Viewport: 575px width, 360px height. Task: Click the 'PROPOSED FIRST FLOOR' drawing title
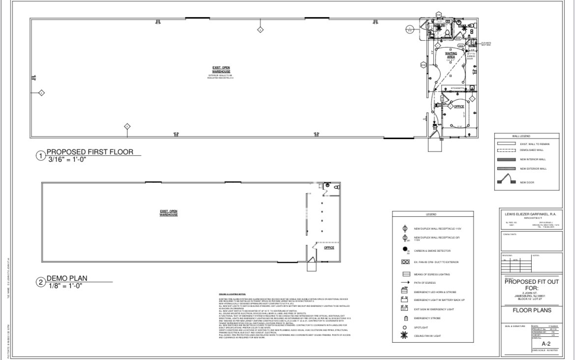[89, 152]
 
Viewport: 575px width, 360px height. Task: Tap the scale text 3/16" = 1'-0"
[68, 159]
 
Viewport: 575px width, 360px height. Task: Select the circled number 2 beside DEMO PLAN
[41, 282]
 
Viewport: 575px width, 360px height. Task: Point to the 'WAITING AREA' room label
[451, 55]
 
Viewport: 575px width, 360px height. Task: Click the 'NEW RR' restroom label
[439, 26]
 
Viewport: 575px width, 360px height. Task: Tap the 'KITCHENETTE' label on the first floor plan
[459, 89]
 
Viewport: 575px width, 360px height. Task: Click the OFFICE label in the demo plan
[329, 248]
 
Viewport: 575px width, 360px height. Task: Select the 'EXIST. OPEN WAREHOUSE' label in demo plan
[169, 213]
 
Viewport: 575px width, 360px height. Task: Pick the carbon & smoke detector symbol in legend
[405, 250]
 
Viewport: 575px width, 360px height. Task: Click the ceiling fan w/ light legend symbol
[405, 336]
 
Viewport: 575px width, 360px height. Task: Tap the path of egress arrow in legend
[405, 282]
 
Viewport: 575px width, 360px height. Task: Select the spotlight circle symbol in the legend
[405, 328]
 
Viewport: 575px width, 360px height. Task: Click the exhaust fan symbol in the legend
[405, 262]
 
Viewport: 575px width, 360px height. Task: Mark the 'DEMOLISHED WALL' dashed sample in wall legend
[505, 150]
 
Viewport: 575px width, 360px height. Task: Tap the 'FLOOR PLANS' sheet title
[531, 310]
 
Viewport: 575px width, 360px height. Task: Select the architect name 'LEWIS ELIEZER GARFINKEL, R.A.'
[530, 214]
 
